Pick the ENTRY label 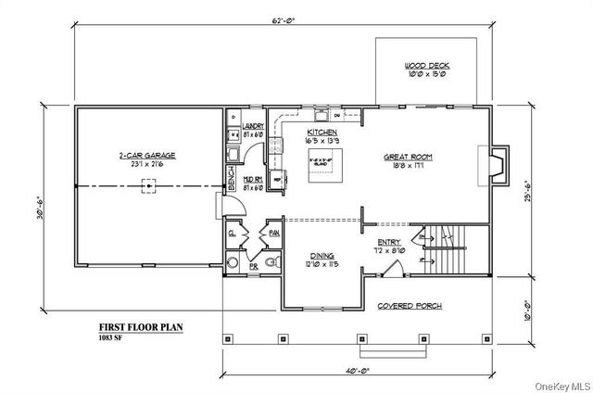388,243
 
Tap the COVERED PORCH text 410,306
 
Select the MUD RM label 253,182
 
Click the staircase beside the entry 452,249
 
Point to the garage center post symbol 146,186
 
